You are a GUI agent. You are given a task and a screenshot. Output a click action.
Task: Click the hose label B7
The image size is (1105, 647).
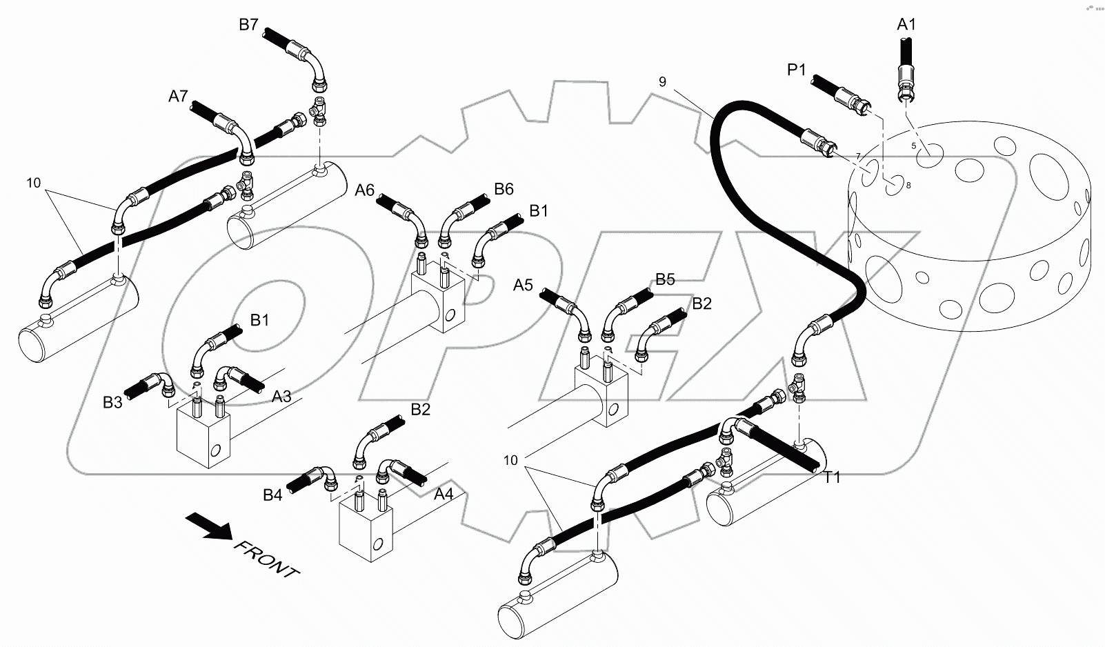pyautogui.click(x=248, y=25)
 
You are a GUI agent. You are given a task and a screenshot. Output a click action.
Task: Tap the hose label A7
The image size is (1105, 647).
pyautogui.click(x=178, y=97)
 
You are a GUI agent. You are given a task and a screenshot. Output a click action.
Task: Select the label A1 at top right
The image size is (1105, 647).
pyautogui.click(x=906, y=25)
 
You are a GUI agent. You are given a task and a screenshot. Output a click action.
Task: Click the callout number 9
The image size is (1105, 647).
pyautogui.click(x=662, y=81)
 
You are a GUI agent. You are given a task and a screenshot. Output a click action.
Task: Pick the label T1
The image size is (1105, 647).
pyautogui.click(x=833, y=477)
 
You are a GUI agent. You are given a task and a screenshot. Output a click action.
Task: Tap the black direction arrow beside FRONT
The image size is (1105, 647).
pyautogui.click(x=210, y=527)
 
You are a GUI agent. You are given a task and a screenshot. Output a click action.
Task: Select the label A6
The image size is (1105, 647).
pyautogui.click(x=365, y=190)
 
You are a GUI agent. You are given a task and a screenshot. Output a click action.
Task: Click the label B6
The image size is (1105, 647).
pyautogui.click(x=504, y=189)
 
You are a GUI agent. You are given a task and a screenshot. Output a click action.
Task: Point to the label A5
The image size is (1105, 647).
pyautogui.click(x=524, y=284)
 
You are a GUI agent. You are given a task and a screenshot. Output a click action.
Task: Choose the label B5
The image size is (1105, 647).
pyautogui.click(x=665, y=279)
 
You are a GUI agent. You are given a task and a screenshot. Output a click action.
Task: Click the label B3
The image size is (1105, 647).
pyautogui.click(x=112, y=402)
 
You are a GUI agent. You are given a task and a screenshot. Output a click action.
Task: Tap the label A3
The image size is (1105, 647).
pyautogui.click(x=281, y=397)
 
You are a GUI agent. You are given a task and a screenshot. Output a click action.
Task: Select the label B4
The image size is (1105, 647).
pyautogui.click(x=272, y=495)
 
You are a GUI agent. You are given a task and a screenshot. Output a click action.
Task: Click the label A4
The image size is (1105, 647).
pyautogui.click(x=444, y=494)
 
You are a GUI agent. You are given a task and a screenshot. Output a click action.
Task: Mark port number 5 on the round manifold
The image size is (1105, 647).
pyautogui.click(x=913, y=146)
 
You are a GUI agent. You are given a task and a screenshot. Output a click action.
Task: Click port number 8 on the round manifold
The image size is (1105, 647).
pyautogui.click(x=908, y=185)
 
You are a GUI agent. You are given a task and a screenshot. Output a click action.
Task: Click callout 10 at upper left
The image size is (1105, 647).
pyautogui.click(x=34, y=183)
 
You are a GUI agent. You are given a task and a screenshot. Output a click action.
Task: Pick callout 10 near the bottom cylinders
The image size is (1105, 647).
pyautogui.click(x=510, y=461)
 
